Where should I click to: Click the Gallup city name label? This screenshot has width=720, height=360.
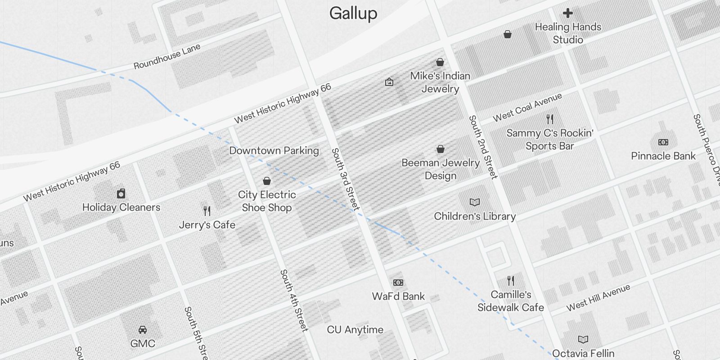tap(353, 13)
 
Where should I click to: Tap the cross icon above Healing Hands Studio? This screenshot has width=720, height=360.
tap(568, 13)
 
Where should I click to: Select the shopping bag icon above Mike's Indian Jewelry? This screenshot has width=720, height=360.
tap(440, 62)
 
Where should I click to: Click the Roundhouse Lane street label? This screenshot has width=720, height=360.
tap(167, 57)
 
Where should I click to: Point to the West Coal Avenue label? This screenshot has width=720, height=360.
tap(527, 108)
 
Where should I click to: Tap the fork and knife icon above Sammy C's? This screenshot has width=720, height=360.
tap(550, 119)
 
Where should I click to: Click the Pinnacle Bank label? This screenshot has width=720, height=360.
tap(663, 156)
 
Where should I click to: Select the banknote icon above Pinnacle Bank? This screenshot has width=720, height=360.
tap(663, 142)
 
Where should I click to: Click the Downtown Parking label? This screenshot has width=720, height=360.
tap(274, 151)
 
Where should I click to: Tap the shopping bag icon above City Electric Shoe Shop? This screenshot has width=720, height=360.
tap(267, 181)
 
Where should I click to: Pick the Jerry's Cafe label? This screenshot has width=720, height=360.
tap(207, 225)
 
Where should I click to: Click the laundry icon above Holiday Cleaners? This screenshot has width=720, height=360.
tap(121, 193)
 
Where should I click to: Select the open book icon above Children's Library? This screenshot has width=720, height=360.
tap(475, 202)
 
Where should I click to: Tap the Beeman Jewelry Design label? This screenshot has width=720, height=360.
tap(441, 169)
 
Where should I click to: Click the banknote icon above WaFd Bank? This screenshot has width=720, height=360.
tap(398, 283)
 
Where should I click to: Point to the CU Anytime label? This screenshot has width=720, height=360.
tap(355, 330)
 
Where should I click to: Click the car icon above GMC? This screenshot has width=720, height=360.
tap(143, 330)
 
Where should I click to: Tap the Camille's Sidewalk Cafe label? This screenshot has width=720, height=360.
tap(511, 301)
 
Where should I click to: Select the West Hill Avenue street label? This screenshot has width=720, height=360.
tap(598, 297)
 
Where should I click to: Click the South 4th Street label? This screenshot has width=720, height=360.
tap(294, 301)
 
